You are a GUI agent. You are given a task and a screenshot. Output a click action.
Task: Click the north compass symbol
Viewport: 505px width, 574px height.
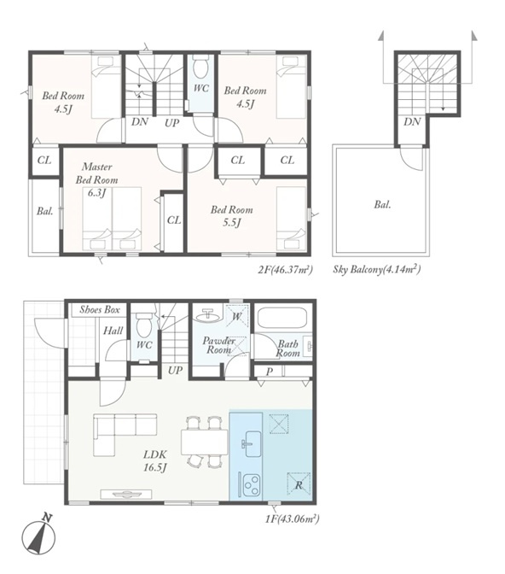tap(38, 536)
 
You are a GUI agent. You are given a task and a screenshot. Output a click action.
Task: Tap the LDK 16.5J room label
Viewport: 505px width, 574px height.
tap(155, 461)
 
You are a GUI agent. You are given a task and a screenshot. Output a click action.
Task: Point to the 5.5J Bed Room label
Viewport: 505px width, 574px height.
tap(231, 216)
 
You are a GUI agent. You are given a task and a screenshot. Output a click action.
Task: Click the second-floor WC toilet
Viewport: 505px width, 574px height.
tap(200, 67)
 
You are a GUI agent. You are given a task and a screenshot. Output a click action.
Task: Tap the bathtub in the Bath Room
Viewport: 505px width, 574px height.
tap(282, 319)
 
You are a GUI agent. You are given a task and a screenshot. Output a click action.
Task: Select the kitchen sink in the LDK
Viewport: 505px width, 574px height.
tap(252, 443)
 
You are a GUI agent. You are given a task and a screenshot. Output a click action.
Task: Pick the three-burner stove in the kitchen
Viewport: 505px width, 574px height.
tap(250, 485)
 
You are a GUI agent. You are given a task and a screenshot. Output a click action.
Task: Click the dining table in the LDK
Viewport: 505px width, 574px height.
tap(204, 442)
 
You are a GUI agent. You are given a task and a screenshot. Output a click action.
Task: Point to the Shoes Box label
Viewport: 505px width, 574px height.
tap(100, 310)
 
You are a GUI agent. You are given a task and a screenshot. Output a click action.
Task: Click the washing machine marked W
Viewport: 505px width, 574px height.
tap(237, 315)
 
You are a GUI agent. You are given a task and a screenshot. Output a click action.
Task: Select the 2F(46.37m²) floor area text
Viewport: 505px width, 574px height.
tap(286, 270)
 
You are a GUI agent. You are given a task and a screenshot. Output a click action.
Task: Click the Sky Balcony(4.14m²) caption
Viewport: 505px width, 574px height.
tap(377, 270)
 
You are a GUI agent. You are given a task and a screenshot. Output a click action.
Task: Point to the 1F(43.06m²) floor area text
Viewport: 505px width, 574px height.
tap(293, 519)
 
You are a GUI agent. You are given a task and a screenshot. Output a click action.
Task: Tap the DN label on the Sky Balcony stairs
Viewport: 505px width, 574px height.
tap(412, 122)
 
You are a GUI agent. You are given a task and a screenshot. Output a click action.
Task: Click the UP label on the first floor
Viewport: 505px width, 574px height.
tap(175, 370)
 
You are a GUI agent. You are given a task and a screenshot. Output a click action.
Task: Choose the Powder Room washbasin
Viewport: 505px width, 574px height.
tap(207, 314)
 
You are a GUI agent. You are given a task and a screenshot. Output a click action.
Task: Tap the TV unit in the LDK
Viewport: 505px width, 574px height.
tap(126, 495)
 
